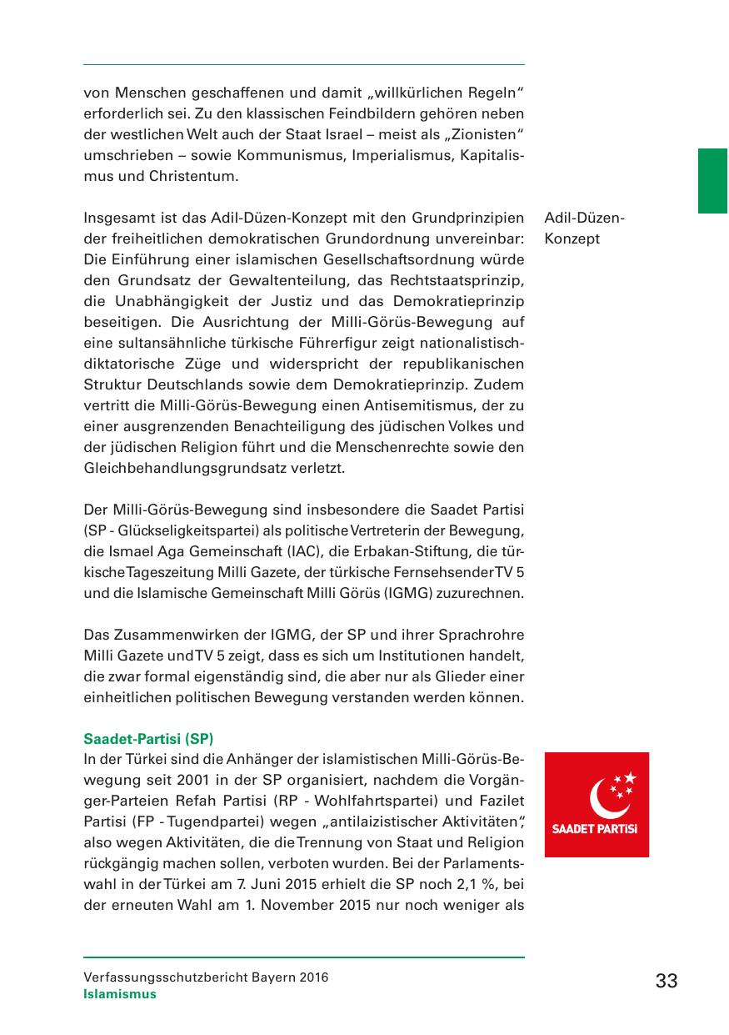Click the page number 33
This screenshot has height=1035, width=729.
pos(667,981)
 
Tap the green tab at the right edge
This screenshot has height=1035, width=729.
pos(712,181)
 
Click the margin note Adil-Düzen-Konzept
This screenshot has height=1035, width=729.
pos(584,229)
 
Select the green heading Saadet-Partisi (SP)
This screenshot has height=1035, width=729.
pos(149,738)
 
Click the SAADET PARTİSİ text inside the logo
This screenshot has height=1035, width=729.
pos(596,829)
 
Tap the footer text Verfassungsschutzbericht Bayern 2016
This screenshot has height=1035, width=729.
pos(206,977)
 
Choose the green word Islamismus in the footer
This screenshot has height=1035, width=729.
pos(120,994)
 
